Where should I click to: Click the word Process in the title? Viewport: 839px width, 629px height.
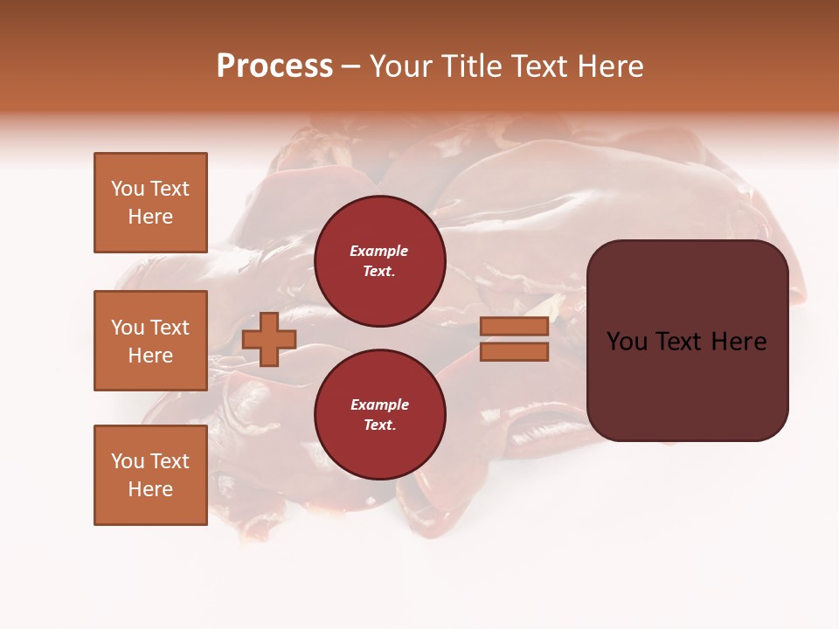[274, 66]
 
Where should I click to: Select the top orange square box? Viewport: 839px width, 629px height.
[150, 203]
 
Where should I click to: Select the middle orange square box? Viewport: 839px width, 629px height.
[150, 341]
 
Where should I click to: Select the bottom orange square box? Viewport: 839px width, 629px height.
[150, 475]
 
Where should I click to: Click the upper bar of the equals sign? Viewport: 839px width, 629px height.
[515, 326]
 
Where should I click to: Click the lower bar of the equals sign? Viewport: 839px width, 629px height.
[515, 352]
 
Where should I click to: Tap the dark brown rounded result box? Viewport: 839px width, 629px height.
[687, 384]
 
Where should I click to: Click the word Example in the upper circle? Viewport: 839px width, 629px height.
[379, 251]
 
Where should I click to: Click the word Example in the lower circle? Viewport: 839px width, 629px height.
[379, 404]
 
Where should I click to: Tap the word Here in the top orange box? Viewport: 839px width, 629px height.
[150, 217]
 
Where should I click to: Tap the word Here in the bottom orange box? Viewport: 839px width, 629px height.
[150, 489]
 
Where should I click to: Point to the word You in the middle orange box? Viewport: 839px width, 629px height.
[128, 328]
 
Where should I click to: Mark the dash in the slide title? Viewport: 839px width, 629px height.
[350, 67]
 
